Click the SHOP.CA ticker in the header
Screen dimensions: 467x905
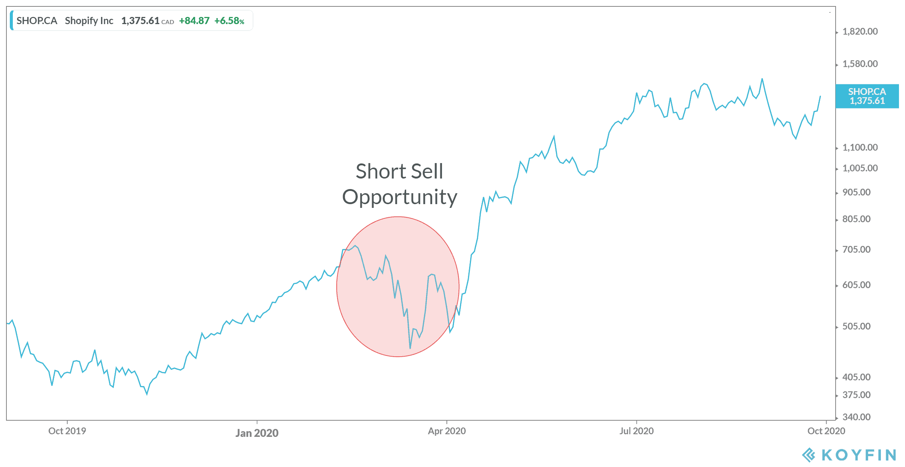point(37,21)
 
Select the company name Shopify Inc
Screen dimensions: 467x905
point(89,21)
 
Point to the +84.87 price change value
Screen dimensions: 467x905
point(194,21)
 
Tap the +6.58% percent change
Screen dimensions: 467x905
point(229,21)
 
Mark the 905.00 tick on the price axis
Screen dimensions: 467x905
point(856,192)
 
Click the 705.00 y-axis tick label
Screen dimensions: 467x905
point(856,250)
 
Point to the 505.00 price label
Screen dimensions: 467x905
point(856,327)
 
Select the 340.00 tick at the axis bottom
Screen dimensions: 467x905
point(856,417)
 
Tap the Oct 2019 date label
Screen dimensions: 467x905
point(67,431)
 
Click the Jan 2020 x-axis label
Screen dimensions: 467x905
point(257,433)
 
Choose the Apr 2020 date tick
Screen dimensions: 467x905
point(447,431)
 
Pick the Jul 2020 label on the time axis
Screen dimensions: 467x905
point(637,431)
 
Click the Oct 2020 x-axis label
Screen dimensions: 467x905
point(826,431)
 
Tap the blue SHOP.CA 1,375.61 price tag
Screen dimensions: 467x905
point(867,96)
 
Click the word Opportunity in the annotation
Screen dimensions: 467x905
point(400,197)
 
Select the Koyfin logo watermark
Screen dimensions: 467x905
point(848,455)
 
